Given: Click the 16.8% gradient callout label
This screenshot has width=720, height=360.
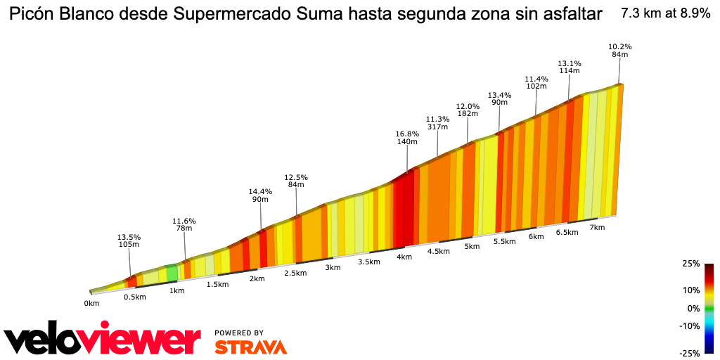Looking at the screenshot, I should click(x=407, y=138).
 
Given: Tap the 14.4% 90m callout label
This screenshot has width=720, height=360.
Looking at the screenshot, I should click(x=260, y=195).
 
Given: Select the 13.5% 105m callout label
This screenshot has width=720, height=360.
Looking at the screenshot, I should click(x=129, y=240).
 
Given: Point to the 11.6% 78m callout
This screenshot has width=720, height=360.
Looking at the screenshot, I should click(x=184, y=225).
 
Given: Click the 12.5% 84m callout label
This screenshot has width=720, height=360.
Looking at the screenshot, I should click(x=296, y=181).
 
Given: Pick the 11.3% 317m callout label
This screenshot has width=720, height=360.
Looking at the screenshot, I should click(x=437, y=123).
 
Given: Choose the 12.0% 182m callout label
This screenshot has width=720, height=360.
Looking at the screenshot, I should click(x=468, y=110).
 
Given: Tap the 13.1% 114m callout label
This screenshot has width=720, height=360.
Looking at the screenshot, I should click(x=569, y=66).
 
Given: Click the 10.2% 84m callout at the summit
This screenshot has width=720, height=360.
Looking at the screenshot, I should click(x=619, y=51).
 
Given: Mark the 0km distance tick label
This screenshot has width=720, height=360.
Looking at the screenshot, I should click(x=91, y=303).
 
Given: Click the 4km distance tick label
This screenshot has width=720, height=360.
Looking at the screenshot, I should click(x=404, y=257).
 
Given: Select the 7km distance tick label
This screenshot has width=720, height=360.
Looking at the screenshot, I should click(x=597, y=228).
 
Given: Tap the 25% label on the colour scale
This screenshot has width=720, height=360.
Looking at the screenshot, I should click(x=690, y=264).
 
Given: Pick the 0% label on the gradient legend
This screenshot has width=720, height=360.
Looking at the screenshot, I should click(x=693, y=308).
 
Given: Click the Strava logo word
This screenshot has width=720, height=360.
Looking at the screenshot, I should click(x=250, y=347).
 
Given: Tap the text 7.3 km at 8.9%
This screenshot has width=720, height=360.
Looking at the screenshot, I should click(x=665, y=13).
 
